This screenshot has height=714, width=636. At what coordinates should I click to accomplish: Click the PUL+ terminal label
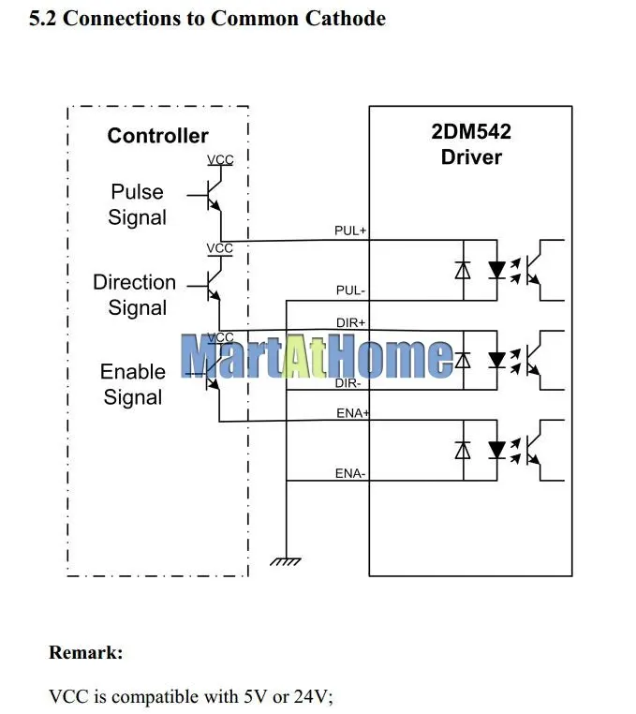[350, 231]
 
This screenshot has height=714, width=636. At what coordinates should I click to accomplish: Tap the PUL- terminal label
[350, 290]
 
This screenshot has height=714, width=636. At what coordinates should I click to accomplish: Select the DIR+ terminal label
[350, 323]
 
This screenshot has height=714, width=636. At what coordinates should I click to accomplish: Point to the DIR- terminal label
[348, 383]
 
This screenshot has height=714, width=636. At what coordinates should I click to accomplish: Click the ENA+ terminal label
[352, 413]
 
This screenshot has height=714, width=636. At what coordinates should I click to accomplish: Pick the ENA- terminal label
[350, 473]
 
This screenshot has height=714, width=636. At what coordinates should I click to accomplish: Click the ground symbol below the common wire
[286, 561]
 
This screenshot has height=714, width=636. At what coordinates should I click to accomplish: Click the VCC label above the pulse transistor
[220, 160]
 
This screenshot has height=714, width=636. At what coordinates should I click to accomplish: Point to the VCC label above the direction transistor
[219, 248]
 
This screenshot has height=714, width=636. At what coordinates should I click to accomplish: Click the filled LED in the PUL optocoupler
[496, 270]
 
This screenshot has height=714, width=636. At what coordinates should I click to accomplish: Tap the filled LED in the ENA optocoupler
[496, 450]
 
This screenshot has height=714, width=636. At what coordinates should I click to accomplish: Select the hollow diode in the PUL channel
[463, 270]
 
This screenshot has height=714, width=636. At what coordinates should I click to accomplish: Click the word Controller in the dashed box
[157, 136]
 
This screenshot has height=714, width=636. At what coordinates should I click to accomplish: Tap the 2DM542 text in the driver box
[471, 131]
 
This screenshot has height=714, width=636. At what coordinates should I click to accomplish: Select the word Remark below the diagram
[85, 652]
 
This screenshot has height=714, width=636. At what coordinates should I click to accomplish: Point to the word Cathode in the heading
[345, 18]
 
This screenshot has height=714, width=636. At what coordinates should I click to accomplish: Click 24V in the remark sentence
[313, 697]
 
